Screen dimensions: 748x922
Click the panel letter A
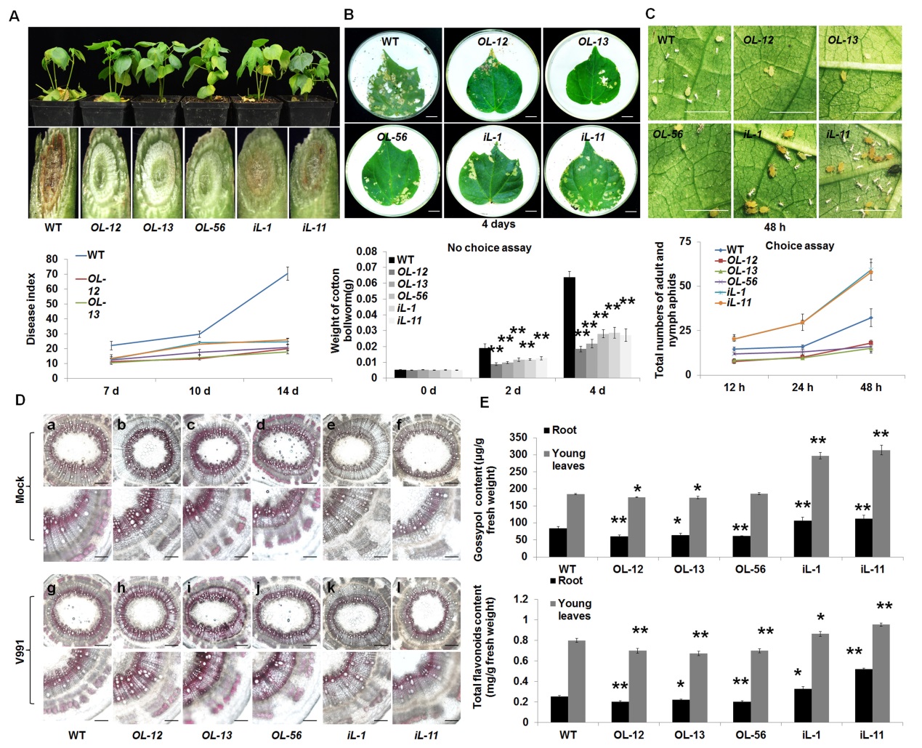point(14,15)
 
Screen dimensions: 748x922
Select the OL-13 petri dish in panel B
point(591,75)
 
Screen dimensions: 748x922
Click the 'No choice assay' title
point(489,248)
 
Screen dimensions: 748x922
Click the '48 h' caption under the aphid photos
point(775,227)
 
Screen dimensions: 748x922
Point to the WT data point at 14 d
point(288,273)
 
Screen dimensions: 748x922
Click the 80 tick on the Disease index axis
point(52,259)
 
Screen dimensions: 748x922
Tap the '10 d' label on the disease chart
point(199,391)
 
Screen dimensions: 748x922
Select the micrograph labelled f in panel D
point(426,451)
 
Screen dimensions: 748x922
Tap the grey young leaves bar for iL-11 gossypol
point(881,503)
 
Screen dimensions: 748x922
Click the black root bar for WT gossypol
point(558,542)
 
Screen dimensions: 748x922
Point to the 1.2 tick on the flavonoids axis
point(521,600)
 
